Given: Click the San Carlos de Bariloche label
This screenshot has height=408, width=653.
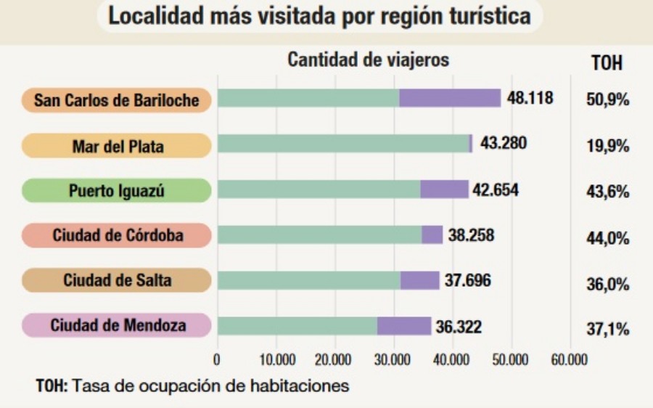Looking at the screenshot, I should click(116, 100).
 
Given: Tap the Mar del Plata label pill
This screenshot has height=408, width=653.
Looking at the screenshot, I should click(117, 146).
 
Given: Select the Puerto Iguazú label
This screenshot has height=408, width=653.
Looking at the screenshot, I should click(117, 191).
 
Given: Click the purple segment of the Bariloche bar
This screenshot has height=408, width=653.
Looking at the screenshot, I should click(450, 98).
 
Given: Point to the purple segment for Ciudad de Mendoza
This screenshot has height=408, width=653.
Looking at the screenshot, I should click(404, 326).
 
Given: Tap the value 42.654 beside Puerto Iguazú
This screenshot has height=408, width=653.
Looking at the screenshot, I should click(496, 189).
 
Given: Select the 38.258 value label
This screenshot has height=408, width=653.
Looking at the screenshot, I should click(471, 234).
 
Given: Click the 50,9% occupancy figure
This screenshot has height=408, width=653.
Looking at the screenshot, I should click(607, 99).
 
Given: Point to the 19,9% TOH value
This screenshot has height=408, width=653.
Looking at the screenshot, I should click(607, 146).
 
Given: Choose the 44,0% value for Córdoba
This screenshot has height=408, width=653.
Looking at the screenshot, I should click(607, 238).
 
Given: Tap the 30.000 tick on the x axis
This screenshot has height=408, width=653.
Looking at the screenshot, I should click(393, 359).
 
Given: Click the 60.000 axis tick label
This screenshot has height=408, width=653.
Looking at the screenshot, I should click(570, 359).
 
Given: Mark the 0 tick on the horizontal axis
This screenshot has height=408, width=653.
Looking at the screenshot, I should click(217, 359).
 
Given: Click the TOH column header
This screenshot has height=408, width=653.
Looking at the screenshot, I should click(607, 63).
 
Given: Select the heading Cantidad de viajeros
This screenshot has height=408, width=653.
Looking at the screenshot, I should click(369, 60).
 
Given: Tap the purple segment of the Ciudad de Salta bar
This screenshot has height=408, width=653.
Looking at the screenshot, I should click(420, 280).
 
